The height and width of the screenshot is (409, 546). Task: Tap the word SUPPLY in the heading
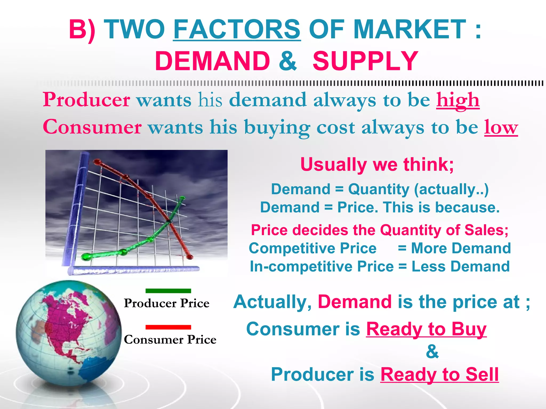[365, 61]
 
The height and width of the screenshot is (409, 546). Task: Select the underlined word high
[458, 100]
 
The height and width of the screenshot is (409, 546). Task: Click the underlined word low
[501, 127]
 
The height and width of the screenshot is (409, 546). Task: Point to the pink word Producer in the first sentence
[86, 100]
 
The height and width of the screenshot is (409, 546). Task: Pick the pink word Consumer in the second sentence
[92, 127]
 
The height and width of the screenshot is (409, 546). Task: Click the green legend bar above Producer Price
[168, 291]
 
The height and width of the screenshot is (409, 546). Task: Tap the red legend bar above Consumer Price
[168, 327]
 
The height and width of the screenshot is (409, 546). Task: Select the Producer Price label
[167, 303]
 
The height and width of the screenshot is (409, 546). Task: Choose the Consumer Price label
[170, 340]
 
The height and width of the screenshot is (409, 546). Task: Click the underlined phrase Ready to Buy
[426, 329]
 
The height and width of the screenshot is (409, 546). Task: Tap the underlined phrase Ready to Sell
[439, 374]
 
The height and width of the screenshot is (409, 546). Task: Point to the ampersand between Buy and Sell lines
[432, 351]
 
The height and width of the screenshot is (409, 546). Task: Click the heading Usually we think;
[377, 165]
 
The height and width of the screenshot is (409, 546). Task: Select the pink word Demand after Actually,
[355, 302]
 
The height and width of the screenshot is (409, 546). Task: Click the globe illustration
[69, 333]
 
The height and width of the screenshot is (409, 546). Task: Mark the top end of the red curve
[97, 162]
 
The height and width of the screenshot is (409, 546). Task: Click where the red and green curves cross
[168, 221]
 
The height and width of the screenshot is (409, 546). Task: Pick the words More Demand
[461, 248]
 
